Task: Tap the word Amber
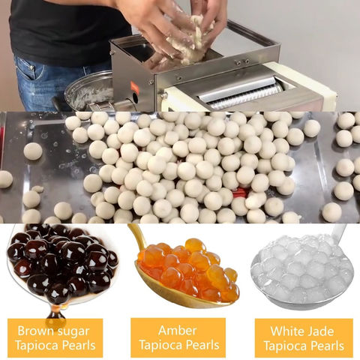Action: [178, 331]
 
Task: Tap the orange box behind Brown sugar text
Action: [55, 338]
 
